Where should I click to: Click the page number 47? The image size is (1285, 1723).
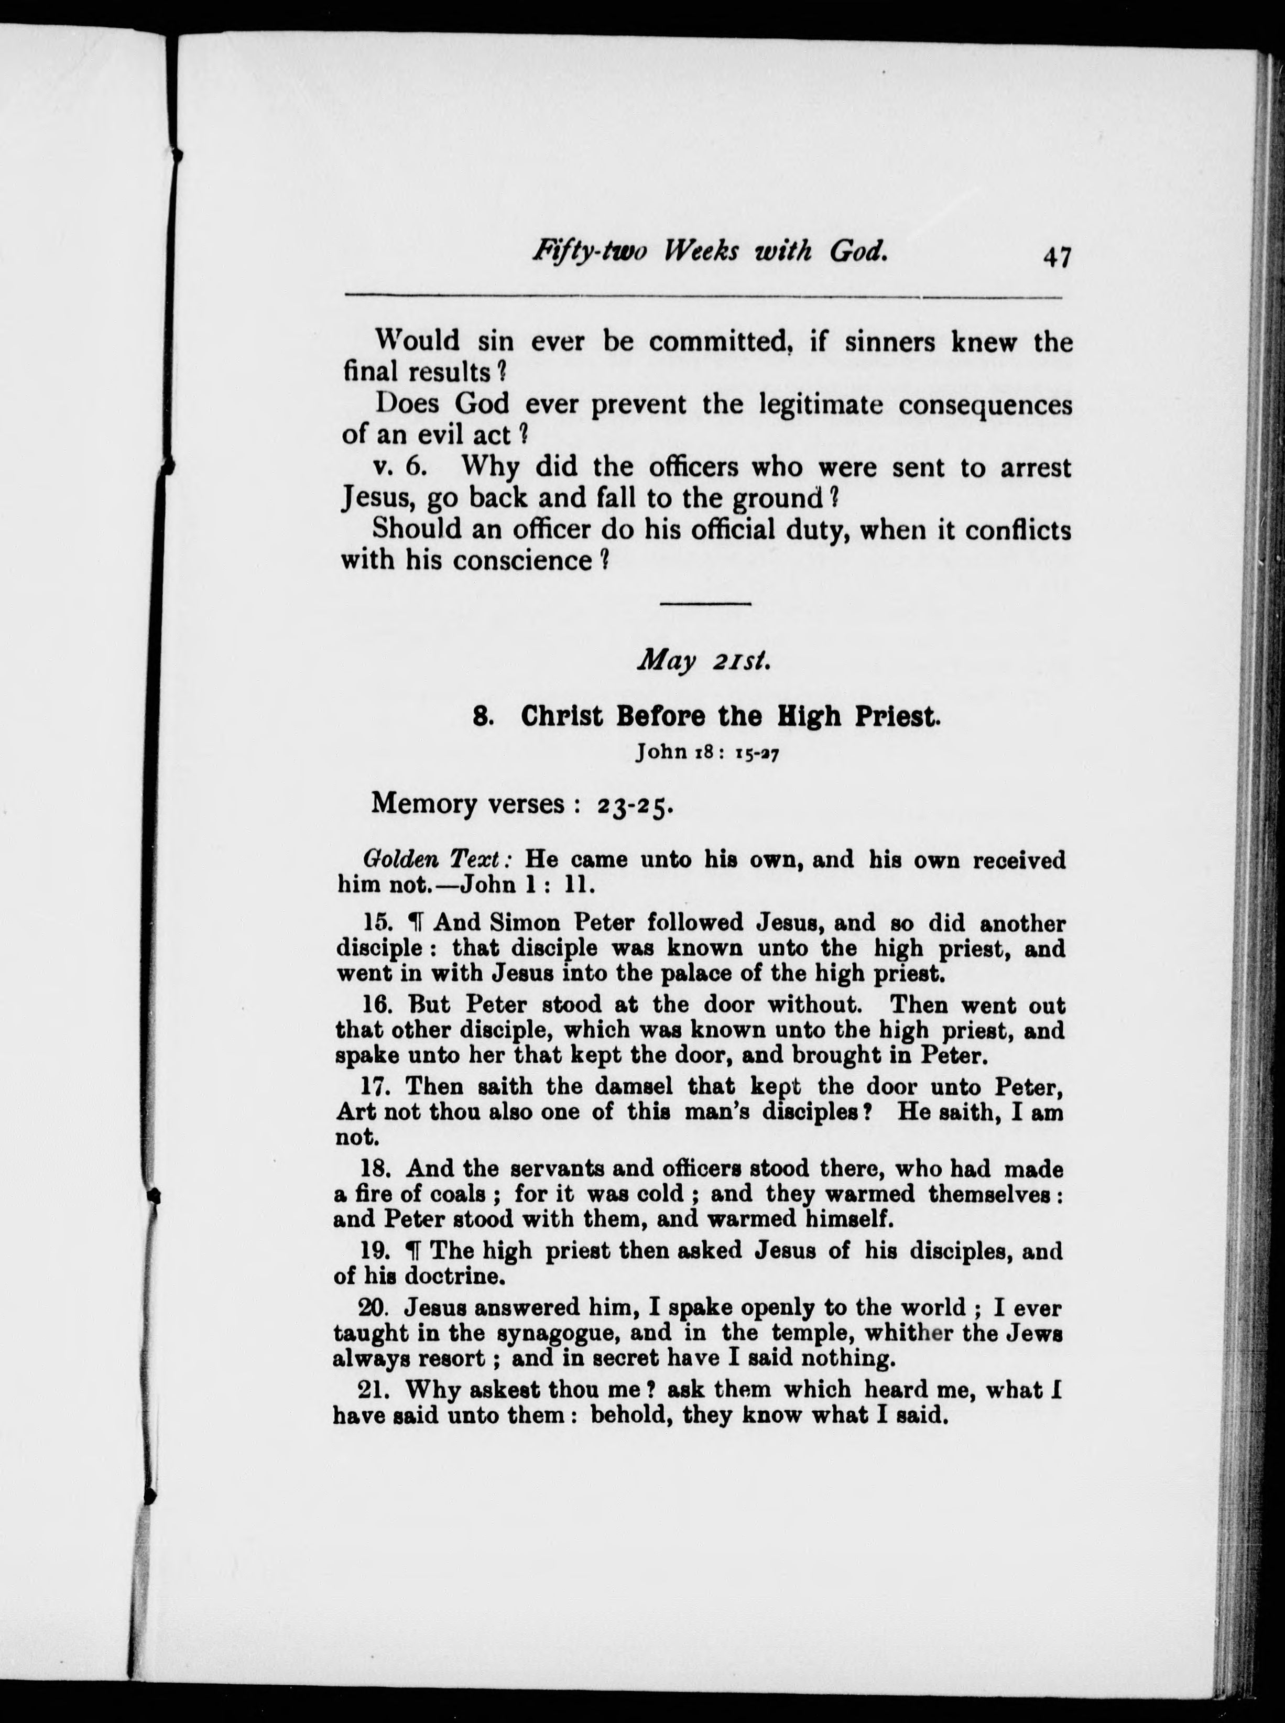click(x=1058, y=256)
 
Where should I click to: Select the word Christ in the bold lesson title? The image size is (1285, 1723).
click(x=562, y=716)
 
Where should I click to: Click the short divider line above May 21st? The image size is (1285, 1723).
click(x=705, y=604)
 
